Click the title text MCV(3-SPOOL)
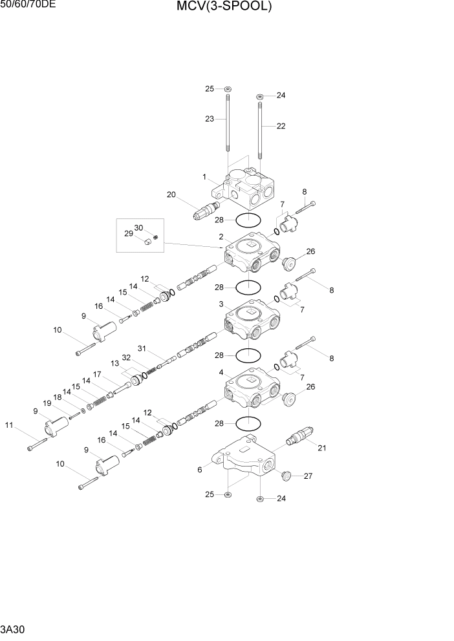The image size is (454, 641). [x=222, y=7]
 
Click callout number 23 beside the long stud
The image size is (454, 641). [x=209, y=119]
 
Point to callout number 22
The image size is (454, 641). [x=281, y=127]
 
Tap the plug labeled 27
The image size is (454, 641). [x=285, y=476]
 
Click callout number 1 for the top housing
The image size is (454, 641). [x=204, y=177]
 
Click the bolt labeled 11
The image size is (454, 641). [x=38, y=445]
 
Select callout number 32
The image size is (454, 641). [x=126, y=357]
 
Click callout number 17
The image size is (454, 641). [x=96, y=374]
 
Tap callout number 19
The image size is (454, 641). [x=47, y=404]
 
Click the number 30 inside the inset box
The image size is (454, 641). [x=138, y=227]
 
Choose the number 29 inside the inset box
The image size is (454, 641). [x=129, y=233]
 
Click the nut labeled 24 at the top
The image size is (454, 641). [x=259, y=96]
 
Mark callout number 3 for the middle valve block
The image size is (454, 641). [x=221, y=304]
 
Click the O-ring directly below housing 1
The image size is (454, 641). [x=248, y=220]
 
